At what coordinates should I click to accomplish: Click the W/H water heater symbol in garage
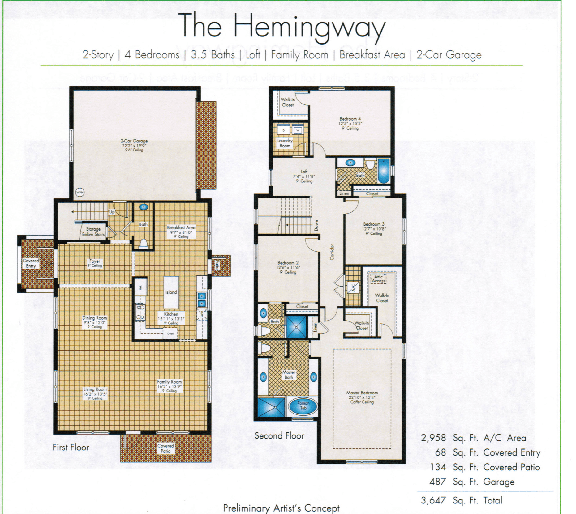(x=80, y=193)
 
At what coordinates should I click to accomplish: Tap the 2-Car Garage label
(x=134, y=141)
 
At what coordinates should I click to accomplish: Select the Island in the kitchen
(x=171, y=292)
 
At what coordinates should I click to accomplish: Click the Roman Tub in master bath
(x=303, y=406)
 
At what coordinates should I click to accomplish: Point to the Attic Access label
(x=378, y=279)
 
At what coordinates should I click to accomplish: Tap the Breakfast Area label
(x=181, y=228)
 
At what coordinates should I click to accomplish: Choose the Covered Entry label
(x=31, y=263)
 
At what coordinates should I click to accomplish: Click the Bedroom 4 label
(x=350, y=119)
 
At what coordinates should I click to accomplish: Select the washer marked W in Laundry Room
(x=298, y=130)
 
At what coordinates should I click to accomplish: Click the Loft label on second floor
(x=304, y=172)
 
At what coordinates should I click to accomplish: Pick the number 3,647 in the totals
(x=433, y=500)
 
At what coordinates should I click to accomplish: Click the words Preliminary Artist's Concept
(x=281, y=508)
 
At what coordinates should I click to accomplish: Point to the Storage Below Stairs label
(x=93, y=232)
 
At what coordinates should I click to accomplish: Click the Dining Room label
(x=94, y=318)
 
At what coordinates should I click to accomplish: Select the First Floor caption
(x=71, y=447)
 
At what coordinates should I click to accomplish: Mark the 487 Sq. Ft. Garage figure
(x=437, y=482)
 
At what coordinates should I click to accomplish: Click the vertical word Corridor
(x=332, y=252)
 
